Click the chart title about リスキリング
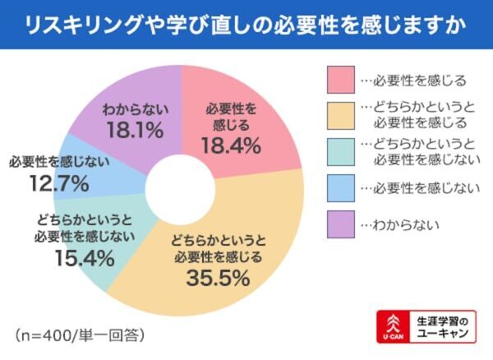(x=246, y=24)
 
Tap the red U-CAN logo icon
(x=390, y=326)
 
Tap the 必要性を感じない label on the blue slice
(x=56, y=163)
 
